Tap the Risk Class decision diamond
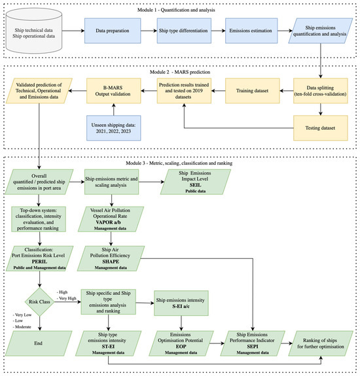point(40,284)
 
